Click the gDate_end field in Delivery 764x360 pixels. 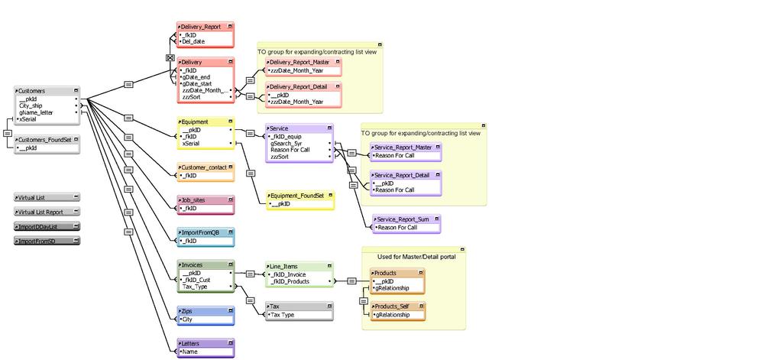198,77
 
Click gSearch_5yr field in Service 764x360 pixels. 286,143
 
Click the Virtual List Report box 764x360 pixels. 46,212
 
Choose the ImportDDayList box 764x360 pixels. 46,226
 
